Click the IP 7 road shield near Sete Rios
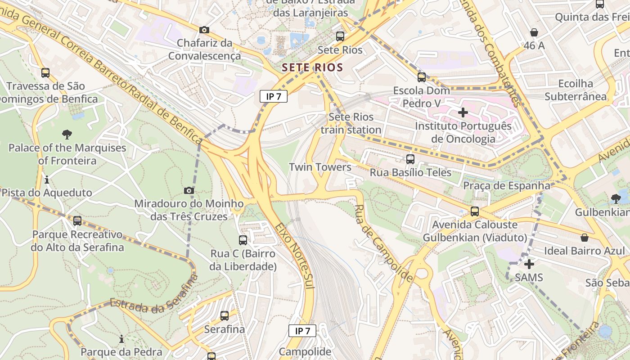pos(274,96)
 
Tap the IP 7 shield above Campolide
pos(302,331)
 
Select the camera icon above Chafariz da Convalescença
pos(204,30)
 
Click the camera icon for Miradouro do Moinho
pos(189,191)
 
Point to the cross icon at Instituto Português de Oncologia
pos(463,112)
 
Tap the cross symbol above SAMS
pos(529,264)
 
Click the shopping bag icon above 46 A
pos(534,32)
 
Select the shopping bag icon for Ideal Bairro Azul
pos(584,237)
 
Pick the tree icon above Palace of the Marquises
pos(67,134)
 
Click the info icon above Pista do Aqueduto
pos(47,180)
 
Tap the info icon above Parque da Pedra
pos(121,339)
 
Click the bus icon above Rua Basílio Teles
pos(410,159)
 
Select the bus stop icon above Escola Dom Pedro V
pos(421,77)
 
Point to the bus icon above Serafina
pos(225,316)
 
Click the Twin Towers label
pos(320,167)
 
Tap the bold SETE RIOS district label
pos(312,68)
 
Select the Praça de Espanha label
pos(507,186)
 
